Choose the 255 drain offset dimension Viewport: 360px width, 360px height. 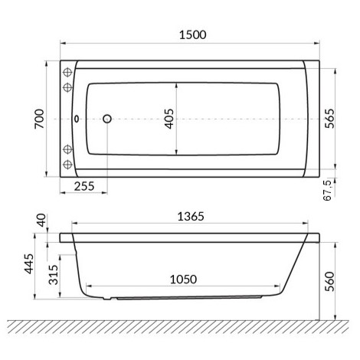pos(85,186)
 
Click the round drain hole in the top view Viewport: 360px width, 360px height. pos(106,119)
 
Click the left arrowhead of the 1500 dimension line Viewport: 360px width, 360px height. pos(62,44)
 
